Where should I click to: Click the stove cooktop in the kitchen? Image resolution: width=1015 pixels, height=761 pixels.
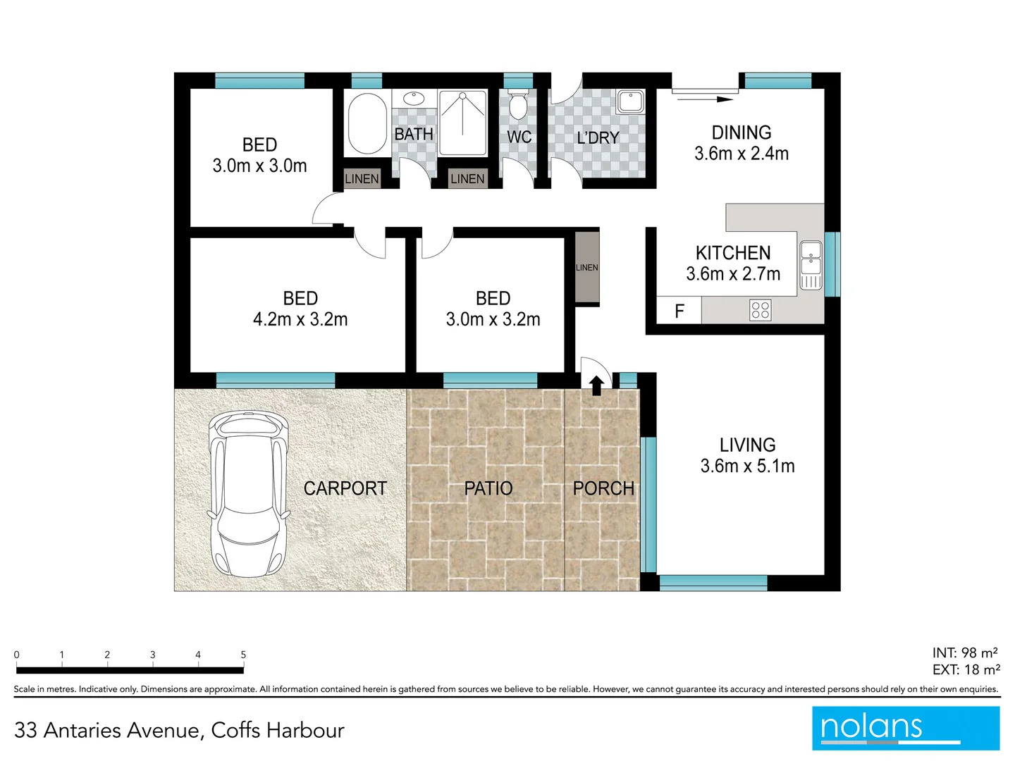[x=760, y=310]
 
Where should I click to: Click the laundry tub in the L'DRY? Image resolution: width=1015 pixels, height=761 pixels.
[x=629, y=101]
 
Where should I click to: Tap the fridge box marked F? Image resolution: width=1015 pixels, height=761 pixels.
[x=679, y=311]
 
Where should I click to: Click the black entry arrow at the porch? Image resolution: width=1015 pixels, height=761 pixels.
[x=596, y=385]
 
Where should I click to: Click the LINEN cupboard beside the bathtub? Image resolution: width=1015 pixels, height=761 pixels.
[x=362, y=179]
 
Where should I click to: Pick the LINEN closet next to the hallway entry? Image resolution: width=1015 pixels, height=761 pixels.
[x=586, y=267]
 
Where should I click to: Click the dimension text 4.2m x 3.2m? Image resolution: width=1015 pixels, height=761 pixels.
[x=300, y=319]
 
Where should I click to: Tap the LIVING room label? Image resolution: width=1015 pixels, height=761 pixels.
[x=747, y=445]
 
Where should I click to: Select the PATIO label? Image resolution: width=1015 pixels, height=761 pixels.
[x=488, y=488]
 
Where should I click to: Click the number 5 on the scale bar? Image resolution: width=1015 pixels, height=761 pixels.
[x=243, y=655]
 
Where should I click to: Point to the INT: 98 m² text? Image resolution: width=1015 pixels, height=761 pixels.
[x=964, y=652]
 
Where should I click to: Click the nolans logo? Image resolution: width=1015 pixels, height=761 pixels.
[x=905, y=727]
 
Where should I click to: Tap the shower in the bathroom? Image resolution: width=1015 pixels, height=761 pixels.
[x=462, y=123]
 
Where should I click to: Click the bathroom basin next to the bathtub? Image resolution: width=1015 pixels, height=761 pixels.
[x=413, y=99]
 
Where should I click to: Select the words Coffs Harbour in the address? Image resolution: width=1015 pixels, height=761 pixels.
[x=278, y=730]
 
